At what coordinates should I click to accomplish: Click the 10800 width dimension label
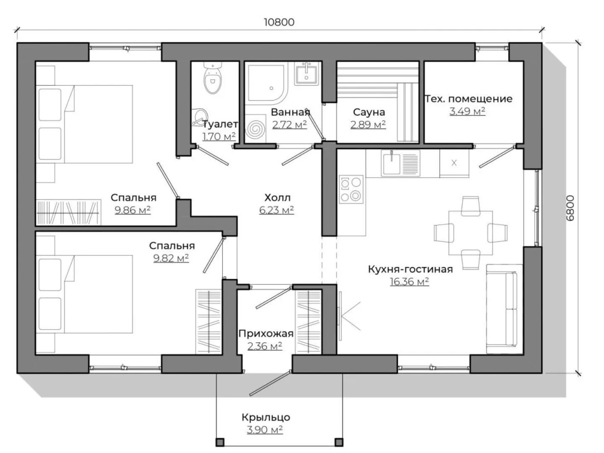[x=279, y=22]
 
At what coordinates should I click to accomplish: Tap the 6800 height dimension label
[x=570, y=208]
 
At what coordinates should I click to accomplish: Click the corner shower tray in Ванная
[x=267, y=83]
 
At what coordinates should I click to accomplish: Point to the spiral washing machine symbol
[x=255, y=128]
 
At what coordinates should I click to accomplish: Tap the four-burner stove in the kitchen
[x=351, y=190]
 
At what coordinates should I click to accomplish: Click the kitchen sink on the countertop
[x=401, y=163]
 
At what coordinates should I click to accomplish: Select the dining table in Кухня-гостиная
[x=471, y=233]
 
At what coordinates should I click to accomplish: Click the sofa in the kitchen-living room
[x=504, y=309]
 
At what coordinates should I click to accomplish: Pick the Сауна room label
[x=369, y=112]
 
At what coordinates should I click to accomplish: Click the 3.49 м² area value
[x=467, y=112]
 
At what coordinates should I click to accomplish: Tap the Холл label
[x=277, y=198]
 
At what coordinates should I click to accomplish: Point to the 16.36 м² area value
[x=409, y=281]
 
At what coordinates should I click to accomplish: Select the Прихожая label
[x=266, y=333]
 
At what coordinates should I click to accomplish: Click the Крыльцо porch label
[x=266, y=417]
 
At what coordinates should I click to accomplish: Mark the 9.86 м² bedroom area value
[x=133, y=210]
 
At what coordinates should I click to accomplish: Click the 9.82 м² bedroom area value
[x=171, y=258]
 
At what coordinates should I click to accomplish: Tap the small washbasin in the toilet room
[x=200, y=117]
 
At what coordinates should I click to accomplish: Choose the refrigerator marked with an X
[x=454, y=163]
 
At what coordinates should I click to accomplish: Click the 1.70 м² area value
[x=219, y=136]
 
